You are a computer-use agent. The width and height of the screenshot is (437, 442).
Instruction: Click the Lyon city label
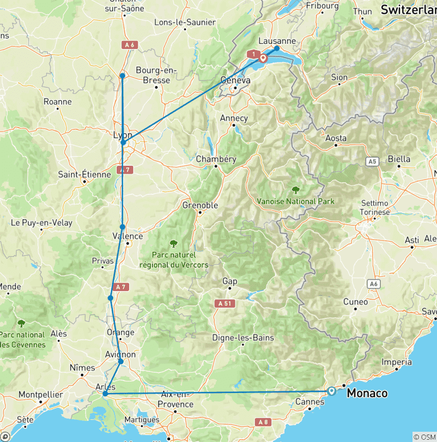(x=122, y=135)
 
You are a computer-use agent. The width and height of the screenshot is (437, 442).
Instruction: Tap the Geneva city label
(x=235, y=80)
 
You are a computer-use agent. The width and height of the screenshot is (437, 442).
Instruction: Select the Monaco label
(x=367, y=393)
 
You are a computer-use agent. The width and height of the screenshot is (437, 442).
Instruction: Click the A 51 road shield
(x=226, y=304)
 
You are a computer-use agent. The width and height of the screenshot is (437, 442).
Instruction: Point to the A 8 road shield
(x=262, y=422)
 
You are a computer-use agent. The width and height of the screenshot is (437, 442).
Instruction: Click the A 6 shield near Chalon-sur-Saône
(x=129, y=44)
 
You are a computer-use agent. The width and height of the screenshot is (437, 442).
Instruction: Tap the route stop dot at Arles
(x=105, y=394)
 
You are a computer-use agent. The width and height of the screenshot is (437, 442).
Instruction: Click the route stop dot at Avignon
(x=121, y=362)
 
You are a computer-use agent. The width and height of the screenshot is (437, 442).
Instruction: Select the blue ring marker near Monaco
(x=332, y=391)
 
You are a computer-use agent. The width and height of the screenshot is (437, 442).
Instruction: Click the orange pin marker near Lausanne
(x=263, y=58)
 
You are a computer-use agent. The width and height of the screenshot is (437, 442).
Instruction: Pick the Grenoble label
(x=200, y=205)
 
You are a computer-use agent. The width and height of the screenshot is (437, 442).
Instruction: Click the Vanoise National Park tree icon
(x=295, y=190)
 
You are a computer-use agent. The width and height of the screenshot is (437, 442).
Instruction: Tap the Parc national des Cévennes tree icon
(x=22, y=324)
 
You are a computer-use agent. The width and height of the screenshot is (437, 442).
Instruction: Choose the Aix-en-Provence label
(x=175, y=399)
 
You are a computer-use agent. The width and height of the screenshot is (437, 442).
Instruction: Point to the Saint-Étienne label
(x=84, y=174)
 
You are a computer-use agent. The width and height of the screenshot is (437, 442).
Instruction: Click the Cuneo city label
(x=355, y=302)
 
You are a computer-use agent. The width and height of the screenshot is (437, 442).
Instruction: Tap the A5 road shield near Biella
(x=373, y=162)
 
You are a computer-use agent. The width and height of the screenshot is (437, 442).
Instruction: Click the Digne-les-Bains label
(x=243, y=337)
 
